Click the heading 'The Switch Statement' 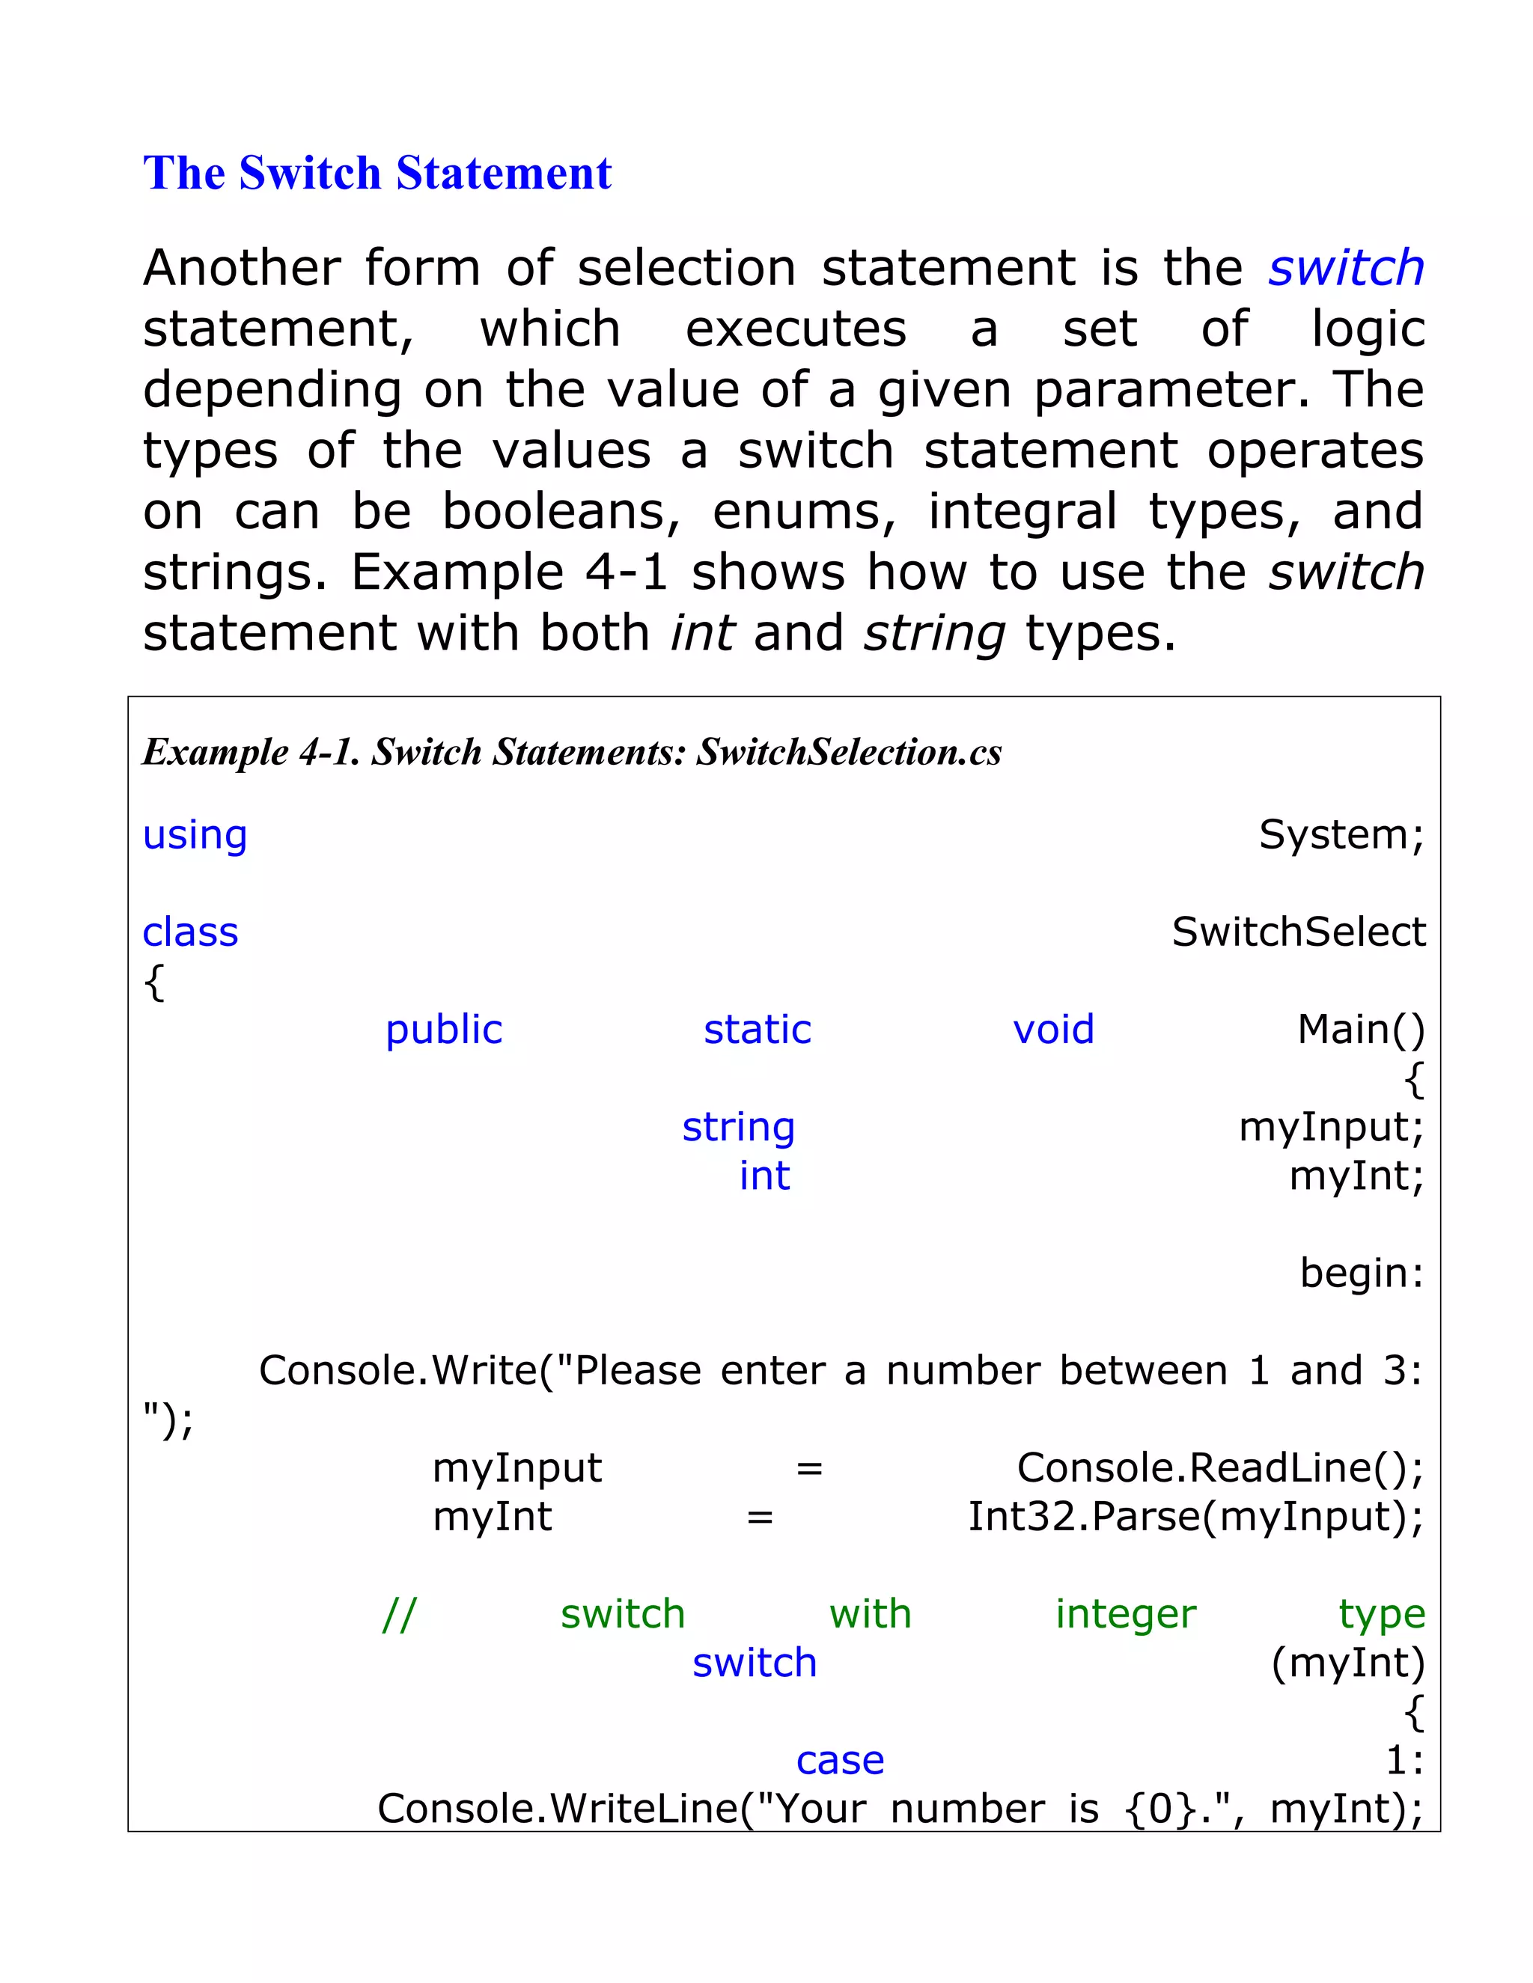(x=377, y=173)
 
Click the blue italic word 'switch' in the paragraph (x=1346, y=268)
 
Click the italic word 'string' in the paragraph (x=933, y=633)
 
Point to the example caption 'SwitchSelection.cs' (x=848, y=752)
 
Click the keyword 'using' (x=195, y=835)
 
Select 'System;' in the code (x=1341, y=834)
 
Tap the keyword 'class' (x=191, y=932)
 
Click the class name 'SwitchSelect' (x=1298, y=932)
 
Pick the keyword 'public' (x=443, y=1030)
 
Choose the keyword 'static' (x=758, y=1030)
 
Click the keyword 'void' (x=1053, y=1030)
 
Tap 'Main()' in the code (x=1360, y=1030)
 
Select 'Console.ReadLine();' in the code (x=1219, y=1468)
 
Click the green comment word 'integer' (x=1125, y=1614)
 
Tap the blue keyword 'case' (x=840, y=1761)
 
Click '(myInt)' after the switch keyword (x=1347, y=1663)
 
